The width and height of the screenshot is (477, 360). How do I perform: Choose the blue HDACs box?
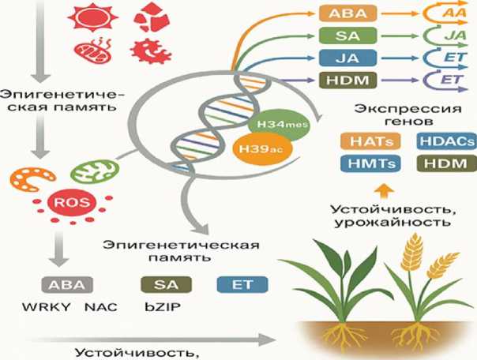click(442, 142)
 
